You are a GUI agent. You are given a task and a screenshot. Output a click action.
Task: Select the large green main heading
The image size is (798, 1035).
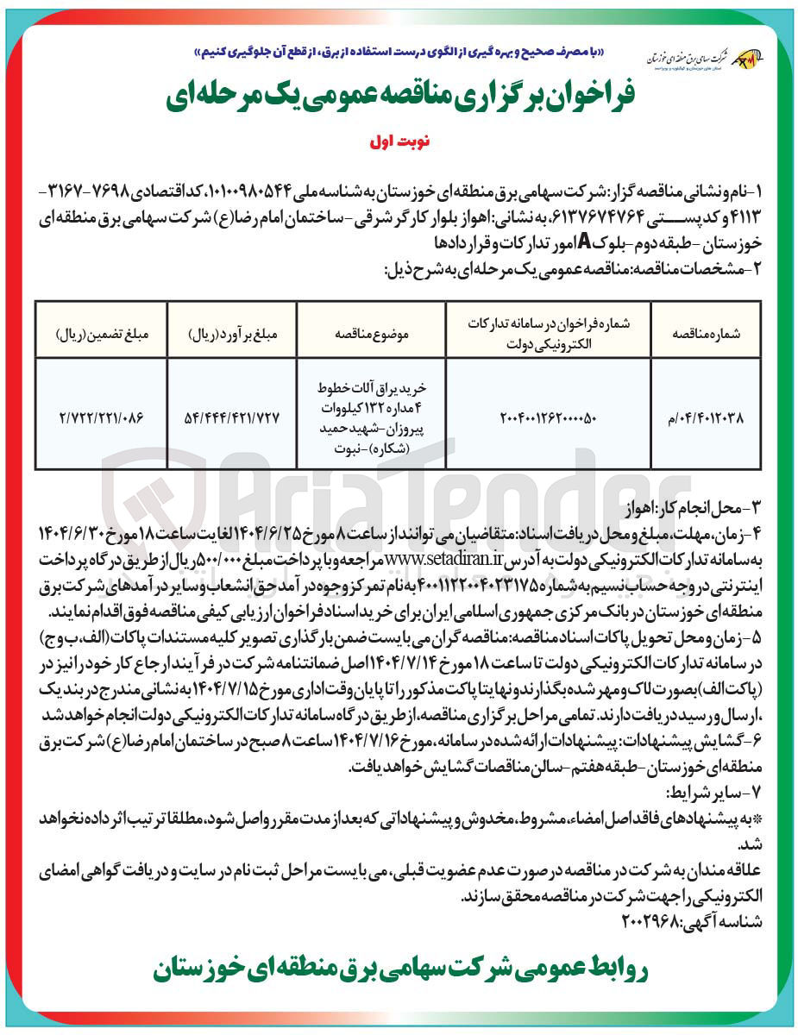pos(398,98)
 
